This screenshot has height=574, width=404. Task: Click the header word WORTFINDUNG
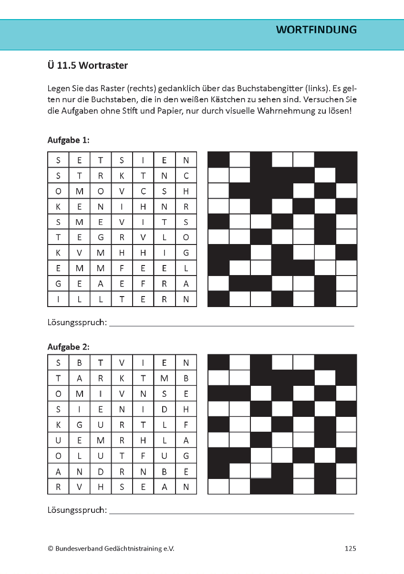click(316, 30)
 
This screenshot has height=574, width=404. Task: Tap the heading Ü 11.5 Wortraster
click(88, 65)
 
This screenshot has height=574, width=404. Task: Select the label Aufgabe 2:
click(69, 347)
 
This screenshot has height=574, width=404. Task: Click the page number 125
click(350, 549)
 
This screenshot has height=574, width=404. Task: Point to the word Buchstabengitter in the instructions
click(276, 89)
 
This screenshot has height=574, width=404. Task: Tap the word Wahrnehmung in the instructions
click(315, 112)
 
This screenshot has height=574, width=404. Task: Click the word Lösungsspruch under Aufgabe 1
click(77, 322)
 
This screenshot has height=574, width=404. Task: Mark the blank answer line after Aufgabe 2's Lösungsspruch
click(231, 513)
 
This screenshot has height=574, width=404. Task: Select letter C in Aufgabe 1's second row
click(186, 176)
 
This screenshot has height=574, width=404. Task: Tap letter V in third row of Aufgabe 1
click(122, 191)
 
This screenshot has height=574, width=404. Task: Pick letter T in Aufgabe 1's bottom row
click(122, 299)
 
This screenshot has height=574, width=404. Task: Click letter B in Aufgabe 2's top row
click(79, 362)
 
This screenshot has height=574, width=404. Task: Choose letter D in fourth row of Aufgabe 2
click(165, 409)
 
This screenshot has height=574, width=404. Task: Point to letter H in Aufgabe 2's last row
click(101, 487)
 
